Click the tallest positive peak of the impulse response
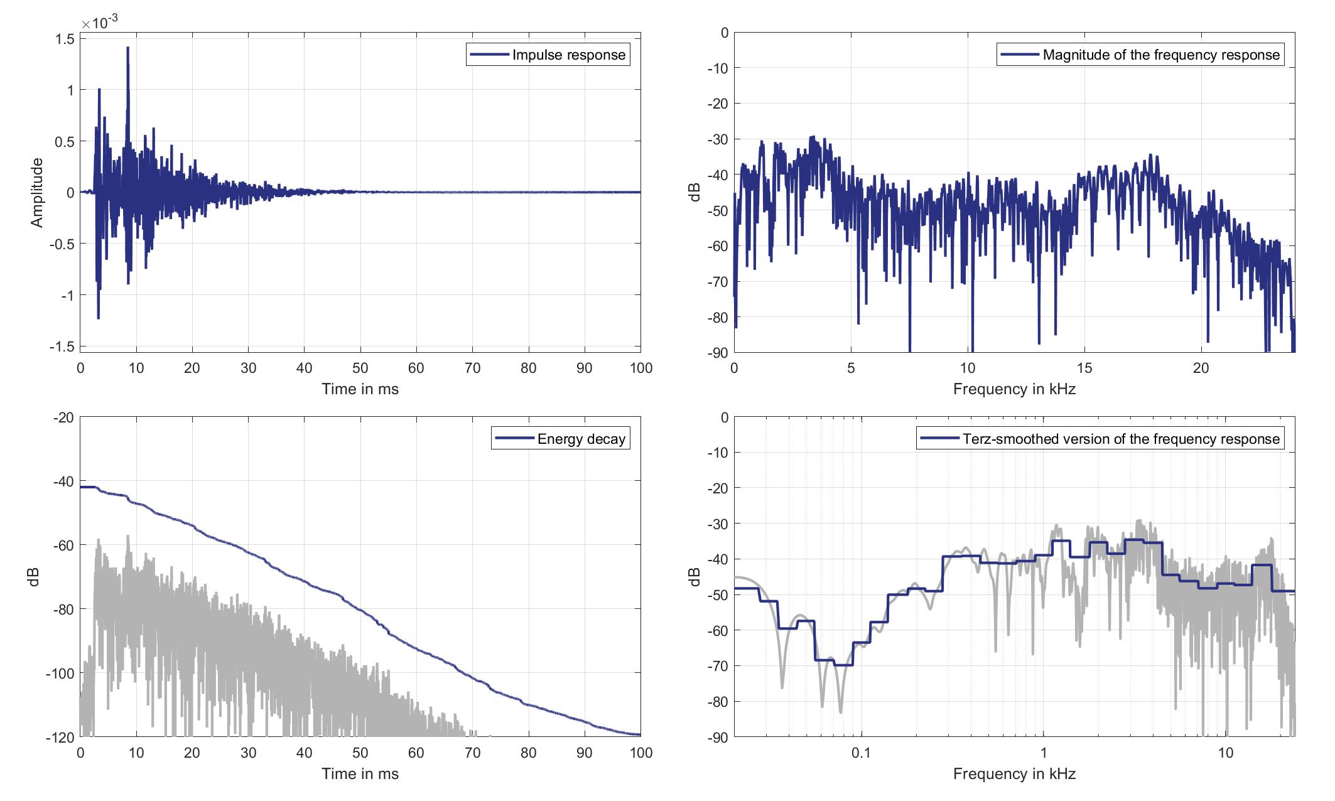(x=127, y=48)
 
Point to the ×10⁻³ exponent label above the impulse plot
(x=100, y=23)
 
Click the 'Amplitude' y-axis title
(x=37, y=193)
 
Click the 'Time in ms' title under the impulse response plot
(x=360, y=389)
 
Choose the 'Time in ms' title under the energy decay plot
(x=360, y=774)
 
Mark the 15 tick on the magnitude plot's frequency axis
(x=1084, y=368)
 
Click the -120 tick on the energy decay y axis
(x=60, y=738)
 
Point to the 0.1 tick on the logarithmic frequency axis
(x=861, y=753)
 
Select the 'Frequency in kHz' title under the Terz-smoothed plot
(x=1014, y=774)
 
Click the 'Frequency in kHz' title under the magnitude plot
(x=1014, y=389)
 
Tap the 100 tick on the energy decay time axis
(x=640, y=753)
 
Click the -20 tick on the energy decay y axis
(x=62, y=417)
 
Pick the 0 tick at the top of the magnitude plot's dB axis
(x=724, y=33)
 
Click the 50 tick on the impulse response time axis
(x=360, y=368)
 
